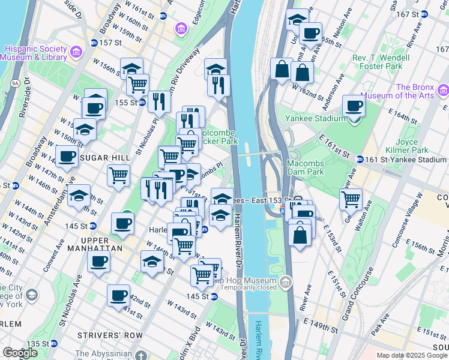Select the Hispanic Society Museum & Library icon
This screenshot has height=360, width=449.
click(76, 52)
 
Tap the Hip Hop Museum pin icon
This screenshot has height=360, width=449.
click(286, 281)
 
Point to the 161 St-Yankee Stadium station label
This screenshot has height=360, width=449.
click(408, 160)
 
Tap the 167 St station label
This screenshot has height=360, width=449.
click(408, 14)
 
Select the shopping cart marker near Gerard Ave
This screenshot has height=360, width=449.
click(351, 198)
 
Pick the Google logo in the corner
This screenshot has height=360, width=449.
click(20, 353)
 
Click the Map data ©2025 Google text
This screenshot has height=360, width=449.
click(412, 355)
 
